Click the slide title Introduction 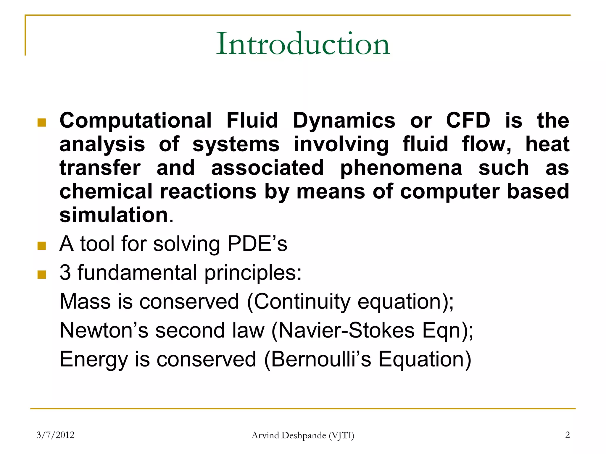[303, 44]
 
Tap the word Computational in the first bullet [136, 121]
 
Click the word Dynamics [344, 121]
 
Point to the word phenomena [401, 168]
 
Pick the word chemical [106, 191]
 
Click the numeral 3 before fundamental [65, 273]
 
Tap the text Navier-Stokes [346, 330]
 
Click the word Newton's [104, 330]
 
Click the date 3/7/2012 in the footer [55, 435]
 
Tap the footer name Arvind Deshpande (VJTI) [303, 435]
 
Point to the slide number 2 [567, 435]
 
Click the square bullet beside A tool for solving [42, 246]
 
